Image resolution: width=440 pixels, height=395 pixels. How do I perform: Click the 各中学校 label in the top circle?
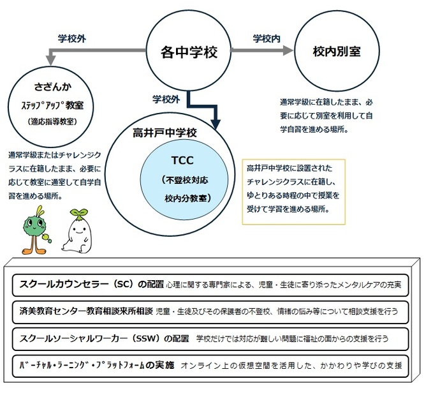tap(189, 52)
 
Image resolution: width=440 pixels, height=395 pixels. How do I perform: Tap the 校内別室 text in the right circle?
tap(337, 52)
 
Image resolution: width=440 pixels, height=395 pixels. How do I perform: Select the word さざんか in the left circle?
tap(52, 87)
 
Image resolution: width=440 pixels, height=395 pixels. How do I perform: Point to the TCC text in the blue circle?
tap(182, 160)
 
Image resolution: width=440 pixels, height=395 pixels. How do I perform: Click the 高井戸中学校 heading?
tap(165, 133)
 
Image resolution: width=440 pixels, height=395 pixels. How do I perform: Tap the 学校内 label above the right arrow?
tap(267, 39)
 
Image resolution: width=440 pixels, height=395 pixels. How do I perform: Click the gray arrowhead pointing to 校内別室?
tap(288, 50)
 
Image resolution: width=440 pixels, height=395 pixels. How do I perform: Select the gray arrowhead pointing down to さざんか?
tap(51, 60)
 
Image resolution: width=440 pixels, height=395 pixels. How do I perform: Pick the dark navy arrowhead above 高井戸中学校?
tap(216, 124)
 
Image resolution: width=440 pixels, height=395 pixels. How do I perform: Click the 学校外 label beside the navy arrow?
tap(166, 99)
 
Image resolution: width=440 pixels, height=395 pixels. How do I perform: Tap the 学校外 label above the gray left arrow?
tap(72, 39)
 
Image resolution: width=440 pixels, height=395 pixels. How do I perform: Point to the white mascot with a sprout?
tap(77, 231)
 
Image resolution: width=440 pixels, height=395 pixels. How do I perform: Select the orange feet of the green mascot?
tap(34, 250)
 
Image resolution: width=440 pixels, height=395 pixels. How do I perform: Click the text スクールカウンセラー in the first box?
tap(64, 284)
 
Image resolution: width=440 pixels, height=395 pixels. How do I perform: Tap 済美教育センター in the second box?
tap(52, 311)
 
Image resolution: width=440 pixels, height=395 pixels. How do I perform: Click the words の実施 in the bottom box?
tap(160, 365)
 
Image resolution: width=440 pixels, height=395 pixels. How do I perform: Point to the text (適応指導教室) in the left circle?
tap(52, 121)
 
